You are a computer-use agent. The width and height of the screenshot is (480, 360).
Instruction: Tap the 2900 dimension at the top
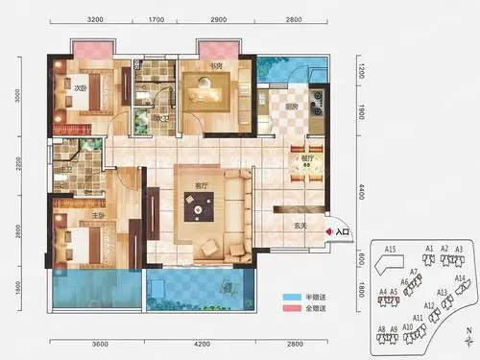(x=219, y=19)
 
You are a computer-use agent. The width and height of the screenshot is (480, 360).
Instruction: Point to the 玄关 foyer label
(x=300, y=226)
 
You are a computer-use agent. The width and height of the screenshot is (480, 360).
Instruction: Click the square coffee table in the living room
(x=201, y=204)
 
